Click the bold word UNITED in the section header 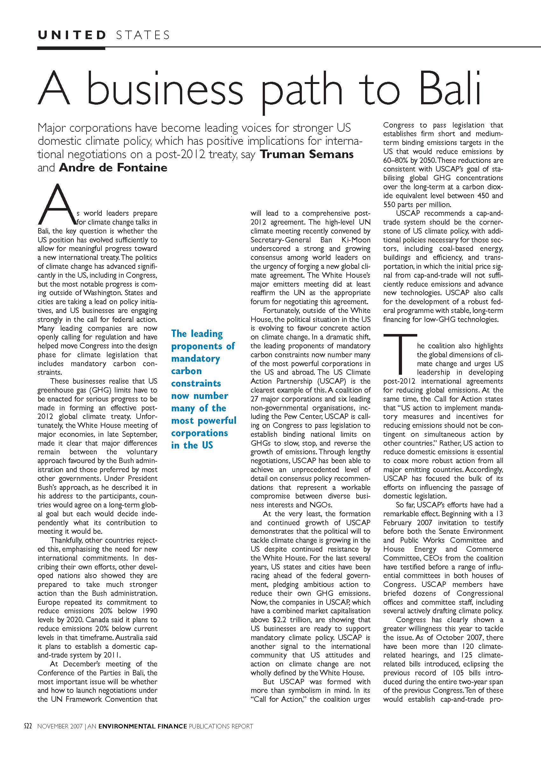click(x=72, y=35)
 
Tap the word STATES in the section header click(x=143, y=35)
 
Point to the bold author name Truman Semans click(x=307, y=154)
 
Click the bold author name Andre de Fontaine click(x=113, y=167)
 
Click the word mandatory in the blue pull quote click(x=196, y=359)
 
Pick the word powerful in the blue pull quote click(x=217, y=421)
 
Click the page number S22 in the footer click(x=28, y=726)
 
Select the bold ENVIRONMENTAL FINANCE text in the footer click(x=142, y=726)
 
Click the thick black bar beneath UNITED click(x=71, y=48)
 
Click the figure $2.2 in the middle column click(x=279, y=620)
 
